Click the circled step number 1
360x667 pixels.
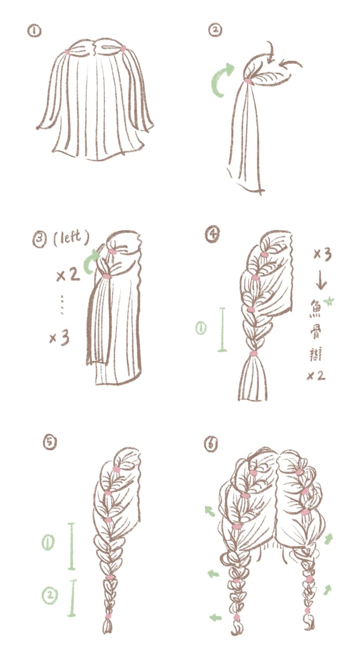point(34,31)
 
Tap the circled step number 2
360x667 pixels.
point(215,30)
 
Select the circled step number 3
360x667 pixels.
point(40,240)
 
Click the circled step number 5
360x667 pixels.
point(49,441)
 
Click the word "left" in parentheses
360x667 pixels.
point(71,237)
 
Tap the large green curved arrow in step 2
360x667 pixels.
point(222,79)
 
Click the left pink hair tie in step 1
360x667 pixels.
point(68,52)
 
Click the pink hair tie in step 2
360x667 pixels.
point(248,81)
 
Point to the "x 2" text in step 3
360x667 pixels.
point(68,276)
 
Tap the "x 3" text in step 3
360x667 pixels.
point(60,338)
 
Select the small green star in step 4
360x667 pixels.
point(330,301)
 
